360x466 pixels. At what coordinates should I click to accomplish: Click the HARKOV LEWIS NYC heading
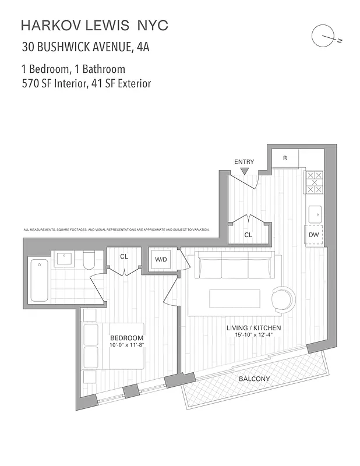click(x=94, y=25)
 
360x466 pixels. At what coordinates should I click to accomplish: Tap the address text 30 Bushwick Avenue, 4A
click(x=85, y=47)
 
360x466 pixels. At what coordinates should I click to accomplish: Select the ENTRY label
click(x=243, y=161)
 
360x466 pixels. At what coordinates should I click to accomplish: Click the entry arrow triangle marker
click(x=244, y=171)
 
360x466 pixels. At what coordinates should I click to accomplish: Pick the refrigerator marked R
click(x=285, y=158)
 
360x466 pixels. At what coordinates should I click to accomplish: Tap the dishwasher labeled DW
click(x=313, y=235)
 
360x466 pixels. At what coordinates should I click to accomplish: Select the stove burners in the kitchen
click(x=315, y=182)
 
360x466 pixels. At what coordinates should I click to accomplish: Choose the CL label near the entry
click(x=248, y=235)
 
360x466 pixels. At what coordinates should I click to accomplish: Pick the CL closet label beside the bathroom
click(x=124, y=256)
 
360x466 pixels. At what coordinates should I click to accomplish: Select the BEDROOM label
click(x=127, y=338)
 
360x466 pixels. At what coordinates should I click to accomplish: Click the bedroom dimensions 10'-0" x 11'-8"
click(x=127, y=345)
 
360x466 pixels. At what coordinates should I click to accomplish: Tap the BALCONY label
click(x=254, y=379)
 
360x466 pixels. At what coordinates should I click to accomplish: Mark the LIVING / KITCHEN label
click(x=254, y=328)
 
